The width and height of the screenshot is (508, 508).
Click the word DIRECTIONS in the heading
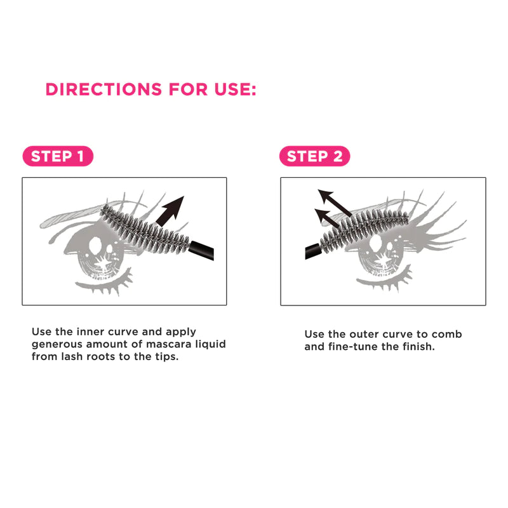click(x=104, y=90)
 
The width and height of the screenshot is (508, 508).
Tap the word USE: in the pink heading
click(x=235, y=90)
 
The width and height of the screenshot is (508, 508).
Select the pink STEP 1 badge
click(x=58, y=156)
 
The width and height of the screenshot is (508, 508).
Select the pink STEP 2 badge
click(x=314, y=156)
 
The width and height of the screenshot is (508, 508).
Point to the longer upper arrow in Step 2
click(x=335, y=203)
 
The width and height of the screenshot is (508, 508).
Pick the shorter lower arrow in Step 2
click(x=326, y=218)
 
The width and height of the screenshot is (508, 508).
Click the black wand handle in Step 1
click(x=201, y=250)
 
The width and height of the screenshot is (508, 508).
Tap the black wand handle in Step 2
click(x=313, y=251)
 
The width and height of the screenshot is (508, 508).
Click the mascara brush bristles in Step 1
click(x=145, y=229)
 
